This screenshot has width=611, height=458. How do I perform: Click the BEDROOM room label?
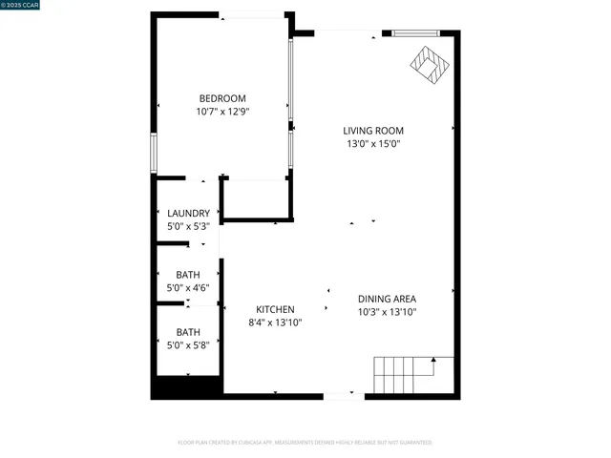[222, 98]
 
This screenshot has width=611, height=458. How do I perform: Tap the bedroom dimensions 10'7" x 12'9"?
[222, 112]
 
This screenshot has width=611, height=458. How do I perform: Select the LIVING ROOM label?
[373, 131]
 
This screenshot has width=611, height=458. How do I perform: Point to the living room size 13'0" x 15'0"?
[373, 144]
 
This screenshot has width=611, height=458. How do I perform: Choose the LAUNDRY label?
[188, 213]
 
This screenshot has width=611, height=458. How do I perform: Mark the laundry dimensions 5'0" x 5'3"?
[188, 226]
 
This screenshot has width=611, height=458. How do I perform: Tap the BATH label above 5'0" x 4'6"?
[188, 275]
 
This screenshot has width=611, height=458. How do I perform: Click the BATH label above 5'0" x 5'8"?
[188, 331]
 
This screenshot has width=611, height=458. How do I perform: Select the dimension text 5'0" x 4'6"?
[188, 288]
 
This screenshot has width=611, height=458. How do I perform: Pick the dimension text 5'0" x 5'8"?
[188, 344]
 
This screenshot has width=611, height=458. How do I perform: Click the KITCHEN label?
[275, 309]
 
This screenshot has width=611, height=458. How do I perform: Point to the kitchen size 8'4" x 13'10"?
[275, 323]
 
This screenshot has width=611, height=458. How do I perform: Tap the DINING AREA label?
[388, 298]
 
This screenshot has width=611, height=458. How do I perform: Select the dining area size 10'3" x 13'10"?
[388, 311]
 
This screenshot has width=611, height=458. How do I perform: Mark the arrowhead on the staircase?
[434, 360]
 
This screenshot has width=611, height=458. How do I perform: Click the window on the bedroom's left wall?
[153, 151]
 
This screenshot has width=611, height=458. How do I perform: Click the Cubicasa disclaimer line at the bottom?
[305, 443]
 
